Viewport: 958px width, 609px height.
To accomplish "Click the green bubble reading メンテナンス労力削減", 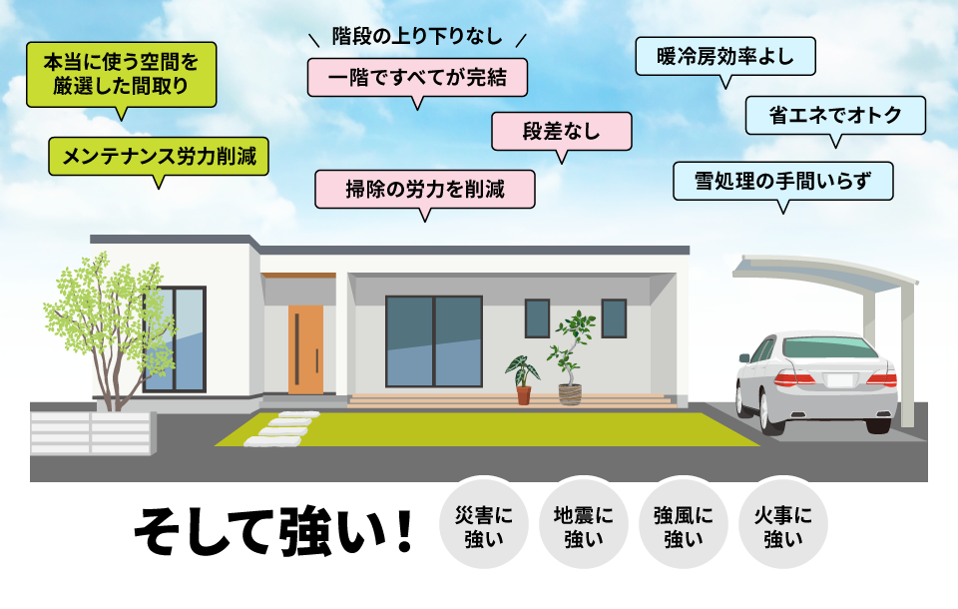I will [159, 156].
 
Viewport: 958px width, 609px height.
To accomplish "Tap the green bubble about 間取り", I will [121, 74].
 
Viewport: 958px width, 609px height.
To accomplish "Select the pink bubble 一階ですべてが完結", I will [416, 77].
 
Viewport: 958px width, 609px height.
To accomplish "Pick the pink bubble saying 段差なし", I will [561, 131].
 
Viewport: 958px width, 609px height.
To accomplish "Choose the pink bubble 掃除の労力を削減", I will [425, 189].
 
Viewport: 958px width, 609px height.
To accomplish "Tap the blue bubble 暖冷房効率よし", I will [725, 56].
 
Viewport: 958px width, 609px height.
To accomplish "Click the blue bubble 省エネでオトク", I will [835, 115].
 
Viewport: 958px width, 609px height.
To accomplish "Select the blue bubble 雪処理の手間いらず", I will [782, 181].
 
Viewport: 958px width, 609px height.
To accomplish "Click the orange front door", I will [305, 348].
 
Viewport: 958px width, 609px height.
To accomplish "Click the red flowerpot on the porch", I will [524, 394].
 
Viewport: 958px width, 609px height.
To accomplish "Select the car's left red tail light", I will [795, 378].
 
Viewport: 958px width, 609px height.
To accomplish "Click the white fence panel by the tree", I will [90, 434].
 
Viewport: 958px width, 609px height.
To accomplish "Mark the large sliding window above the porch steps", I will [433, 340].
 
